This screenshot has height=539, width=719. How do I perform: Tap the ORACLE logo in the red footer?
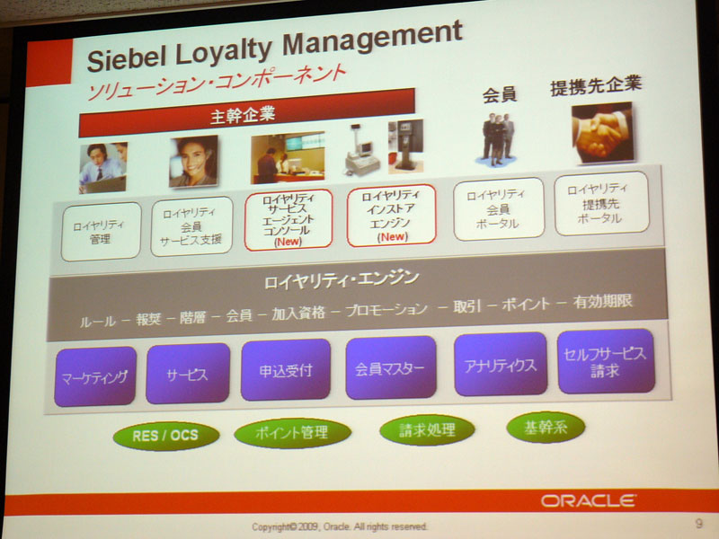[589, 500]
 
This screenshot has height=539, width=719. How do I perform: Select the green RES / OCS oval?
[165, 436]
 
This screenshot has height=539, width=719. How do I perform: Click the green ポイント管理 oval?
[292, 432]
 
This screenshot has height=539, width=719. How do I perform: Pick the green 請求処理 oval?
[427, 430]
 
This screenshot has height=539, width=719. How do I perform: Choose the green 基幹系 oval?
[546, 428]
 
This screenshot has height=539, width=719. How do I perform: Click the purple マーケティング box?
[95, 376]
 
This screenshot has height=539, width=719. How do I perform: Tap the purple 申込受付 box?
[285, 369]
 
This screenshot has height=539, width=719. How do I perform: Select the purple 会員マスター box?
[391, 367]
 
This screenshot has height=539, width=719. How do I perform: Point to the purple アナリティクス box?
[501, 365]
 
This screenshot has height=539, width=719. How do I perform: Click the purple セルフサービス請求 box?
[606, 361]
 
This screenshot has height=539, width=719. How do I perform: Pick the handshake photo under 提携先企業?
[602, 133]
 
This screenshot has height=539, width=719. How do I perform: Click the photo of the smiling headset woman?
[193, 161]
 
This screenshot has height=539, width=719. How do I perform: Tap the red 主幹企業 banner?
[246, 113]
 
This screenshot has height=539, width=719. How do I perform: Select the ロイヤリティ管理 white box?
[101, 232]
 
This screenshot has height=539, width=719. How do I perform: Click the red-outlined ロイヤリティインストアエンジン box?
[391, 216]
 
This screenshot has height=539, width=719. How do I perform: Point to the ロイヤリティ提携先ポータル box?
[601, 203]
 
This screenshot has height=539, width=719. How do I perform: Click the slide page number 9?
[698, 523]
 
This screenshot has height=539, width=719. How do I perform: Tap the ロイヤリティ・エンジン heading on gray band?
[342, 280]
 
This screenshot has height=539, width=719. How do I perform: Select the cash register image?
[361, 150]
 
